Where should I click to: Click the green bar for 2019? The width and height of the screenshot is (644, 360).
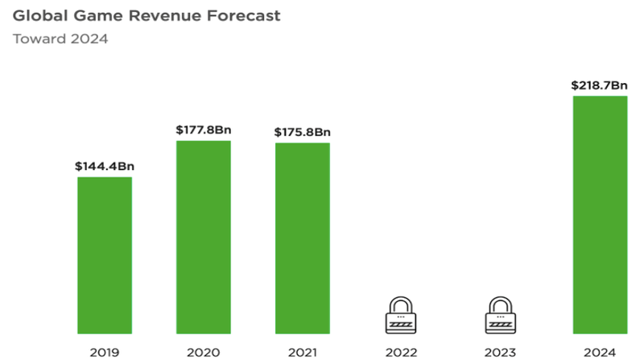pos(105,254)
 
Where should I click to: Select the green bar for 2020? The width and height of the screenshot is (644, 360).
pos(204,237)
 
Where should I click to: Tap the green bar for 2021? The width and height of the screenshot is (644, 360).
pos(303,238)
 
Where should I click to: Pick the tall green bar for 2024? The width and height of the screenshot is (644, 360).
pos(600,214)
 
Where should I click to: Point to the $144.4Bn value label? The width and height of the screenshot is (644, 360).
pos(105,167)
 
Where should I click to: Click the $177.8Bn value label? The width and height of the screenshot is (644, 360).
pos(204,130)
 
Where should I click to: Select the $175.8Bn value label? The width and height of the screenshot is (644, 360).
pos(303,132)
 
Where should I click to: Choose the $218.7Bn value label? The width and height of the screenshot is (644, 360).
pos(600,85)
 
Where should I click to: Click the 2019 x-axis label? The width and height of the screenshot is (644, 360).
pos(105,351)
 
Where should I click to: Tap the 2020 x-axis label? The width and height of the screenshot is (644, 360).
pos(204,351)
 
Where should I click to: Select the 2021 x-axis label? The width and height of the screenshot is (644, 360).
pos(303,351)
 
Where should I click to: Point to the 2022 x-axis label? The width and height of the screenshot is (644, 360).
pos(402,351)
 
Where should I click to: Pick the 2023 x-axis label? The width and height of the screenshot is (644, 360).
pos(501,351)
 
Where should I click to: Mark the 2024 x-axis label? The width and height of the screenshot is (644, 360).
pos(600,351)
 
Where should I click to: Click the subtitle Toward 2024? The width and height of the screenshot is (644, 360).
pos(60,39)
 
